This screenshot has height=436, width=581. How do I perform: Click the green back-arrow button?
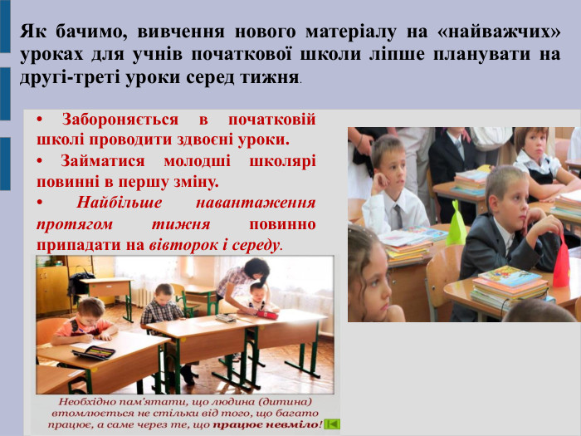(332, 424)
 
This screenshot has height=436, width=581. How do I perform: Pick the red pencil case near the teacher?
(265, 314)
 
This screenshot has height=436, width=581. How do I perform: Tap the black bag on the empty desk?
(81, 282)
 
